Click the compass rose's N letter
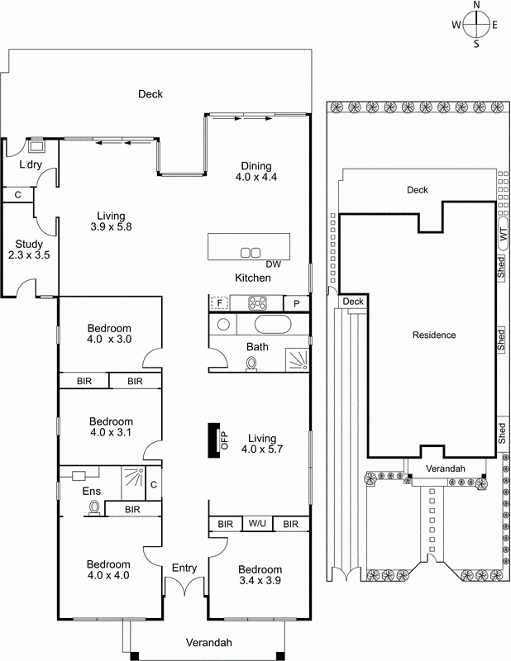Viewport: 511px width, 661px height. click(x=477, y=5)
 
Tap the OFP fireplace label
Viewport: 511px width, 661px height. click(x=224, y=440)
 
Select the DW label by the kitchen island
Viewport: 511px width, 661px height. click(x=274, y=264)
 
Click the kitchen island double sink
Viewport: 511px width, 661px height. click(x=251, y=253)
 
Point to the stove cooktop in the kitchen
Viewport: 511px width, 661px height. click(x=257, y=303)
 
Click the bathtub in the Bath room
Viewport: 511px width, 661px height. click(x=273, y=324)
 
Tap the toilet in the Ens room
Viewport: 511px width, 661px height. click(x=94, y=507)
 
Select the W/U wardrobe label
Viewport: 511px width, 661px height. click(x=257, y=524)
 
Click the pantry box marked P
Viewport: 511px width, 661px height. click(x=296, y=303)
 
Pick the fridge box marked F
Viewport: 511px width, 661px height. click(x=219, y=302)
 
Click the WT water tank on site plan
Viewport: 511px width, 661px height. click(x=503, y=234)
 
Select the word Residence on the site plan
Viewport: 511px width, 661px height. click(x=434, y=335)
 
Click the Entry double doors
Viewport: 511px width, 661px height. click(x=185, y=586)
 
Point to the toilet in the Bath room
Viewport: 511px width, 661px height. click(x=252, y=364)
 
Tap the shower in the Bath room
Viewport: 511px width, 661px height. click(x=297, y=359)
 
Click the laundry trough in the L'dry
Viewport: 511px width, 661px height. click(x=37, y=146)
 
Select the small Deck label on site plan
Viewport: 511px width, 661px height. click(x=353, y=302)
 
